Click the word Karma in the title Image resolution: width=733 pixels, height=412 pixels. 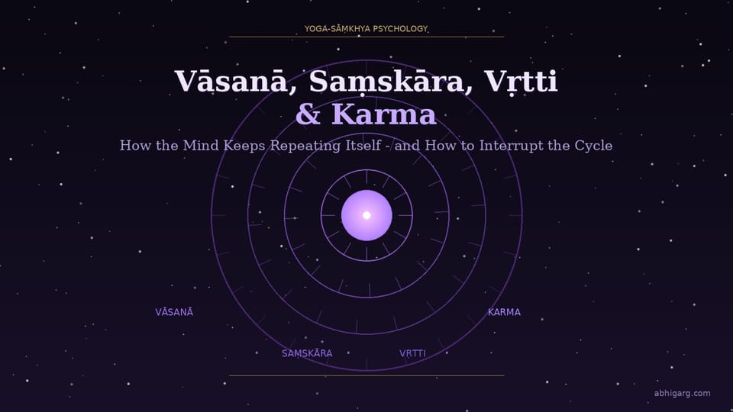384,114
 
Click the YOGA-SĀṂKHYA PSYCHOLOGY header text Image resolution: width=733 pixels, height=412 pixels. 366,29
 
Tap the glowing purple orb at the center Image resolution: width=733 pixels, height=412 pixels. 366,215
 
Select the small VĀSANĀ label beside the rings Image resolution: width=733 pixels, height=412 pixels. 174,312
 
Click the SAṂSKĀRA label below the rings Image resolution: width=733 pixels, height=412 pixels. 307,353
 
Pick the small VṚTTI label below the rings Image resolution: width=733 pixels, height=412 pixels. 412,353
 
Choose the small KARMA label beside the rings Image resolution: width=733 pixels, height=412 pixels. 504,312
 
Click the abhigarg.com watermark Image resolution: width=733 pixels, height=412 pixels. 682,394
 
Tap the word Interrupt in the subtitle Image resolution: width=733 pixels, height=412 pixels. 506,145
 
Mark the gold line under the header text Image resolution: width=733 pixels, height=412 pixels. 366,37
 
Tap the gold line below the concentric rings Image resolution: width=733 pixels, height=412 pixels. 366,375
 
